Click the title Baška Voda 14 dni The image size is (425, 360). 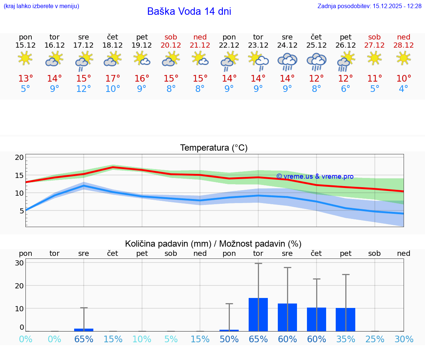tap(189, 11)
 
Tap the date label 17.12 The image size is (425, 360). tap(84, 45)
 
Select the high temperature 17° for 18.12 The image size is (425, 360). tap(113, 78)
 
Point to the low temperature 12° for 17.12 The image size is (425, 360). tap(84, 89)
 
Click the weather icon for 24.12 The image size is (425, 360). tap(287, 61)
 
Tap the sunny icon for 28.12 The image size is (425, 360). tap(404, 58)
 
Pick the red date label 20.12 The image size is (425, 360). tap(171, 45)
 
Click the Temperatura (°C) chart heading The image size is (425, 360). tap(214, 148)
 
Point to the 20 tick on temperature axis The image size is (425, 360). tap(19, 158)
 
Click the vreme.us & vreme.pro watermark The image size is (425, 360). tap(315, 176)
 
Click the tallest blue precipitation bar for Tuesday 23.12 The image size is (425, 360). tap(258, 315)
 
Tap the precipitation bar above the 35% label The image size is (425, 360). tap(346, 319)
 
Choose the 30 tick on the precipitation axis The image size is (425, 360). tap(19, 263)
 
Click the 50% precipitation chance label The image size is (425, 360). tap(229, 339)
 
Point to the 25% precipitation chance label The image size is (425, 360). tap(375, 339)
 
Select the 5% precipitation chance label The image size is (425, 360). tap(171, 339)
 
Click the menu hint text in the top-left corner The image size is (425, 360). tap(41, 6)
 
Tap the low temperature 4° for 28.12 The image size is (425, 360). tap(404, 89)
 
